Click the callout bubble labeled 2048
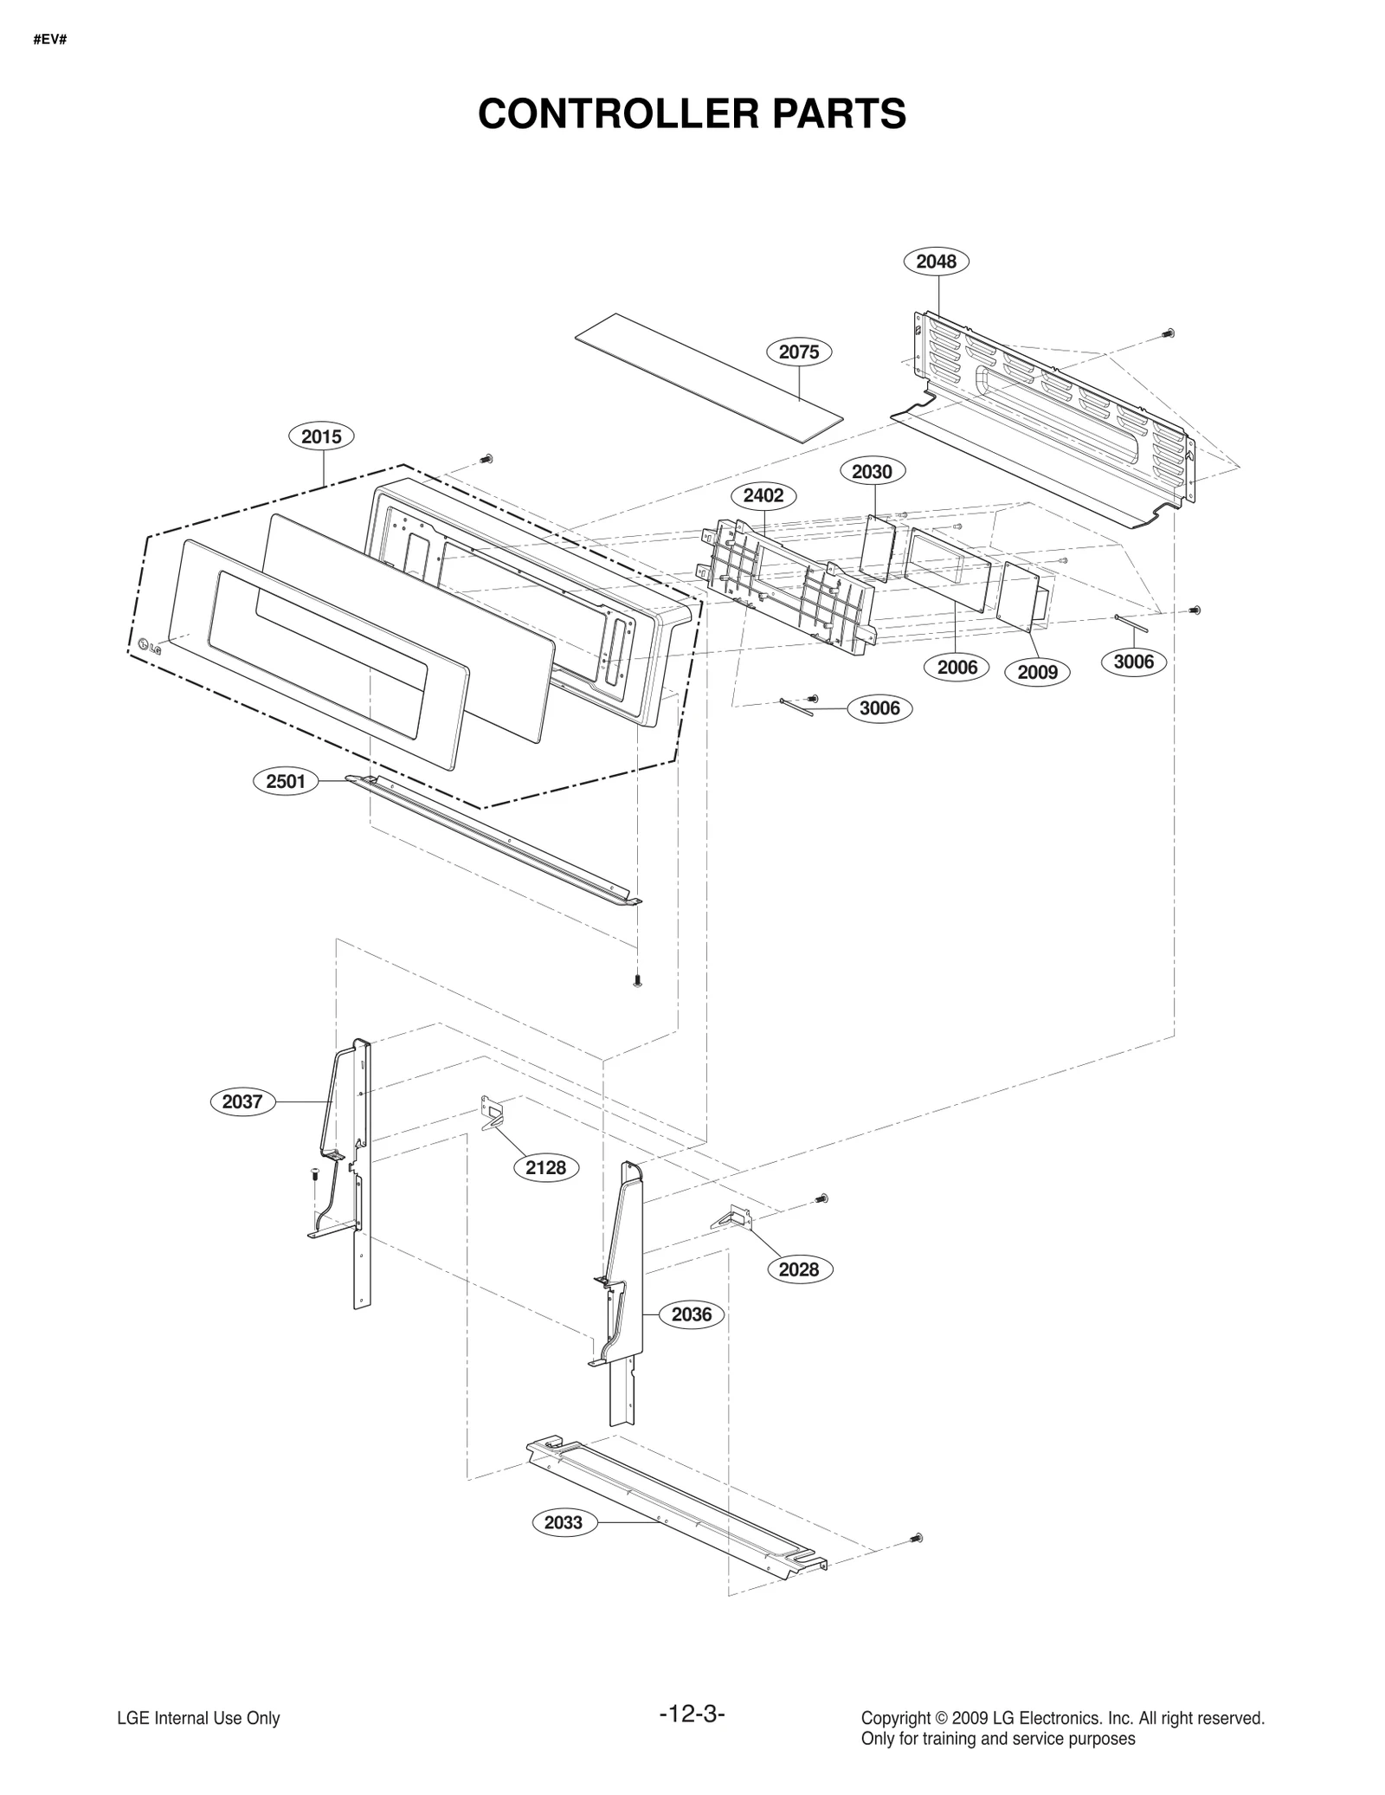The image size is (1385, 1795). click(936, 261)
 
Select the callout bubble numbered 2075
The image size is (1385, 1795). click(798, 352)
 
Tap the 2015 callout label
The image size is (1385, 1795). click(321, 436)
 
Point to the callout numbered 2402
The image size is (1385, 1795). click(763, 495)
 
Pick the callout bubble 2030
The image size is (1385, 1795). click(872, 471)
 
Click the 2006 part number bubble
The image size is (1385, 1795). click(957, 667)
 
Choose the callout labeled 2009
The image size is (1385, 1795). click(1037, 672)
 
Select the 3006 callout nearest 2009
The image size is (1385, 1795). click(1133, 662)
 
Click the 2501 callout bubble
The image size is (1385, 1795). click(286, 781)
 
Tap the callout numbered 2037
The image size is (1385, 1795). click(242, 1101)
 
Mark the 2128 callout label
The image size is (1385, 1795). click(545, 1167)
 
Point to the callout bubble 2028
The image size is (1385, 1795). click(798, 1269)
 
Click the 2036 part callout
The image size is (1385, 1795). click(692, 1314)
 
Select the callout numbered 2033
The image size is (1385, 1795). click(564, 1522)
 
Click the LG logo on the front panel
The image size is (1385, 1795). click(150, 645)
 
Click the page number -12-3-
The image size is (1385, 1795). click(692, 1713)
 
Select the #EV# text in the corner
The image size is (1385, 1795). click(49, 41)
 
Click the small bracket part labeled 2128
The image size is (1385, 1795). click(493, 1112)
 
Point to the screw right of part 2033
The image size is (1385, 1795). click(918, 1538)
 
